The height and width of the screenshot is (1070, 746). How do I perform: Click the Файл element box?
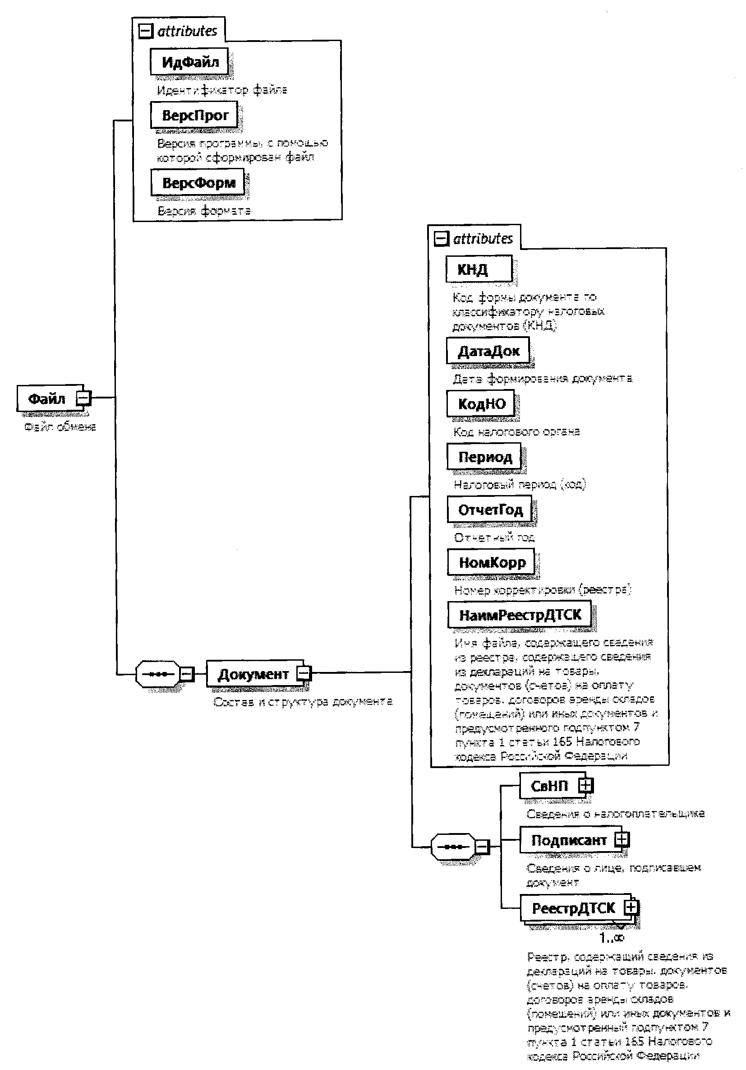point(46,399)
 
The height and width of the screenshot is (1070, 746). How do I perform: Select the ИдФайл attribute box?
point(189,61)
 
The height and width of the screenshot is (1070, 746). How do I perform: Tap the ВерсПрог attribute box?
point(194,115)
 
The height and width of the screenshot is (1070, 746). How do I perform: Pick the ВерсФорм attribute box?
point(198,182)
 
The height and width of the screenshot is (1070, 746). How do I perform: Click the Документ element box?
point(253,674)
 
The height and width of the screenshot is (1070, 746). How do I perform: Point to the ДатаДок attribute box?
point(488,351)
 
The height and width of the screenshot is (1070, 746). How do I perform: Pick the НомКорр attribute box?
point(491,562)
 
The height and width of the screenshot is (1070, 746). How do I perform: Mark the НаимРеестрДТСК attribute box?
point(519,615)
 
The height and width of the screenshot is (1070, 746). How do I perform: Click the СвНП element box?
point(549,786)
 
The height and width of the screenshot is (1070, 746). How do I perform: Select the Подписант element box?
point(568,840)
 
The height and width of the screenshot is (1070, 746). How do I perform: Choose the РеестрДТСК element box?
point(573,908)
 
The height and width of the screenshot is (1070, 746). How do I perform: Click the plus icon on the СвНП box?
point(585,785)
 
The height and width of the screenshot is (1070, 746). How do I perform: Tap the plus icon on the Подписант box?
point(622,839)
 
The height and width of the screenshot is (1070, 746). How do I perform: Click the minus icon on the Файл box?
point(84,398)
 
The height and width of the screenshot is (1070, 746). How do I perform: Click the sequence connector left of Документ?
point(157,674)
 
